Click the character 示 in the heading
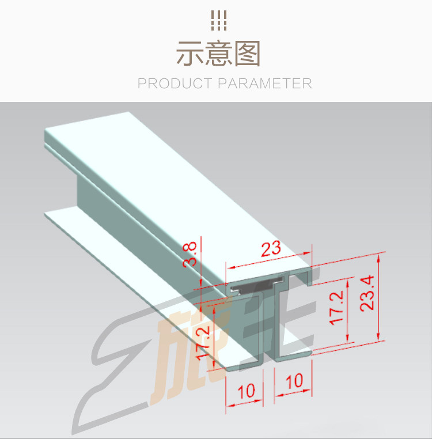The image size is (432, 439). pos(190,54)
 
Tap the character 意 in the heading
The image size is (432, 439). pos(218,54)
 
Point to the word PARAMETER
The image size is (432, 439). pos(265,84)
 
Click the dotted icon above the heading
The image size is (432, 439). pos(218,21)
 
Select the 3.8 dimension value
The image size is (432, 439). pos(191,253)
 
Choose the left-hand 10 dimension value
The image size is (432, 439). pos(246,392)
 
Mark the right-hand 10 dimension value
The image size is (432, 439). pos(294,381)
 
